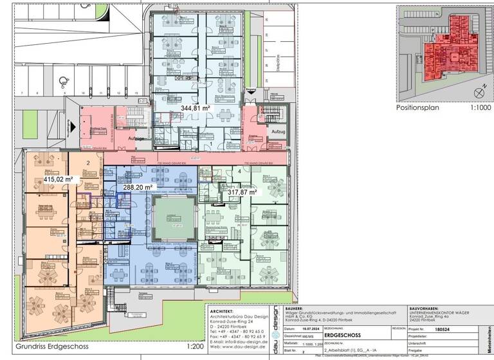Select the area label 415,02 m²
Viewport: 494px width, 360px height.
[x=57, y=180]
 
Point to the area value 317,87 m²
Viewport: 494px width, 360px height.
[x=239, y=192]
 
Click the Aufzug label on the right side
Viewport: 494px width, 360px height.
[x=278, y=132]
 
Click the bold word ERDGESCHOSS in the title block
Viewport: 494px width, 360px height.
[x=340, y=335]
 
